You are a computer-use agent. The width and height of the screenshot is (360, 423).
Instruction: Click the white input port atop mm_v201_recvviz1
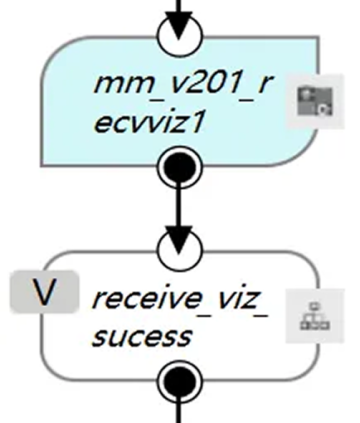point(180,33)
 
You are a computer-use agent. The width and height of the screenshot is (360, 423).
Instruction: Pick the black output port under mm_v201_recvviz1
point(180,168)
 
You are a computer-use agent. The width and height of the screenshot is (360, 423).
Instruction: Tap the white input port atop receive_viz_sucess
point(180,246)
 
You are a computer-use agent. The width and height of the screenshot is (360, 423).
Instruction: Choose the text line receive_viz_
point(180,299)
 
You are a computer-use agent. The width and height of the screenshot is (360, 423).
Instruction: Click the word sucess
point(141,336)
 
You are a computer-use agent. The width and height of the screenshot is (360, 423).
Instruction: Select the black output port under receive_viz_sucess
point(180,382)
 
